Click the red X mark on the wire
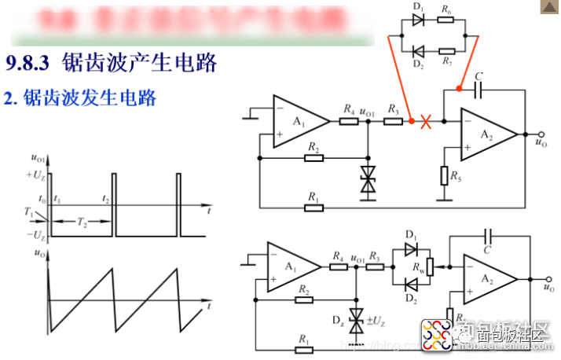click(x=427, y=122)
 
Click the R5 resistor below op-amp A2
click(x=444, y=175)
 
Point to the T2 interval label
click(x=82, y=222)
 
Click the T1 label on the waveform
click(x=28, y=212)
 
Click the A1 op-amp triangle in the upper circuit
click(x=300, y=122)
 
